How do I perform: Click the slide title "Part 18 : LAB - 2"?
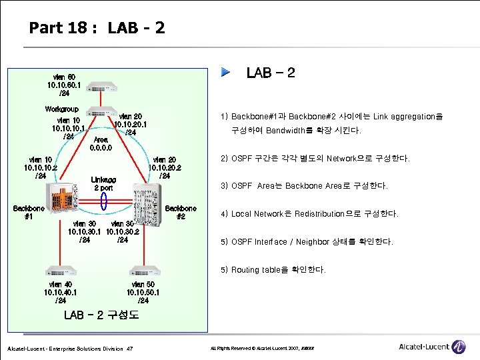[x=97, y=28]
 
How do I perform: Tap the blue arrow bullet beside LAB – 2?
[x=227, y=71]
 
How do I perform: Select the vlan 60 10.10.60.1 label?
[x=65, y=85]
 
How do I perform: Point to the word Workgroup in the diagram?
[x=61, y=109]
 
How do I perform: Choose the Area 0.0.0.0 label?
[x=101, y=143]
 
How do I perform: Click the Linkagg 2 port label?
[x=103, y=183]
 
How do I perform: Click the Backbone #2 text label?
[x=181, y=212]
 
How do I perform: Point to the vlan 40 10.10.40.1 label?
[x=61, y=292]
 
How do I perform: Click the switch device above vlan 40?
[x=63, y=271]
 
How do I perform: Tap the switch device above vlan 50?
[x=144, y=271]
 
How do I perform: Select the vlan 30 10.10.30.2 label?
[x=122, y=231]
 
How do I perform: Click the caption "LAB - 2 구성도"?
[x=101, y=315]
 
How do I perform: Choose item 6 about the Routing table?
[x=279, y=270]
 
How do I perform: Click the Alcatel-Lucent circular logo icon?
[x=459, y=347]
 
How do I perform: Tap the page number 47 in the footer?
[x=129, y=349]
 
